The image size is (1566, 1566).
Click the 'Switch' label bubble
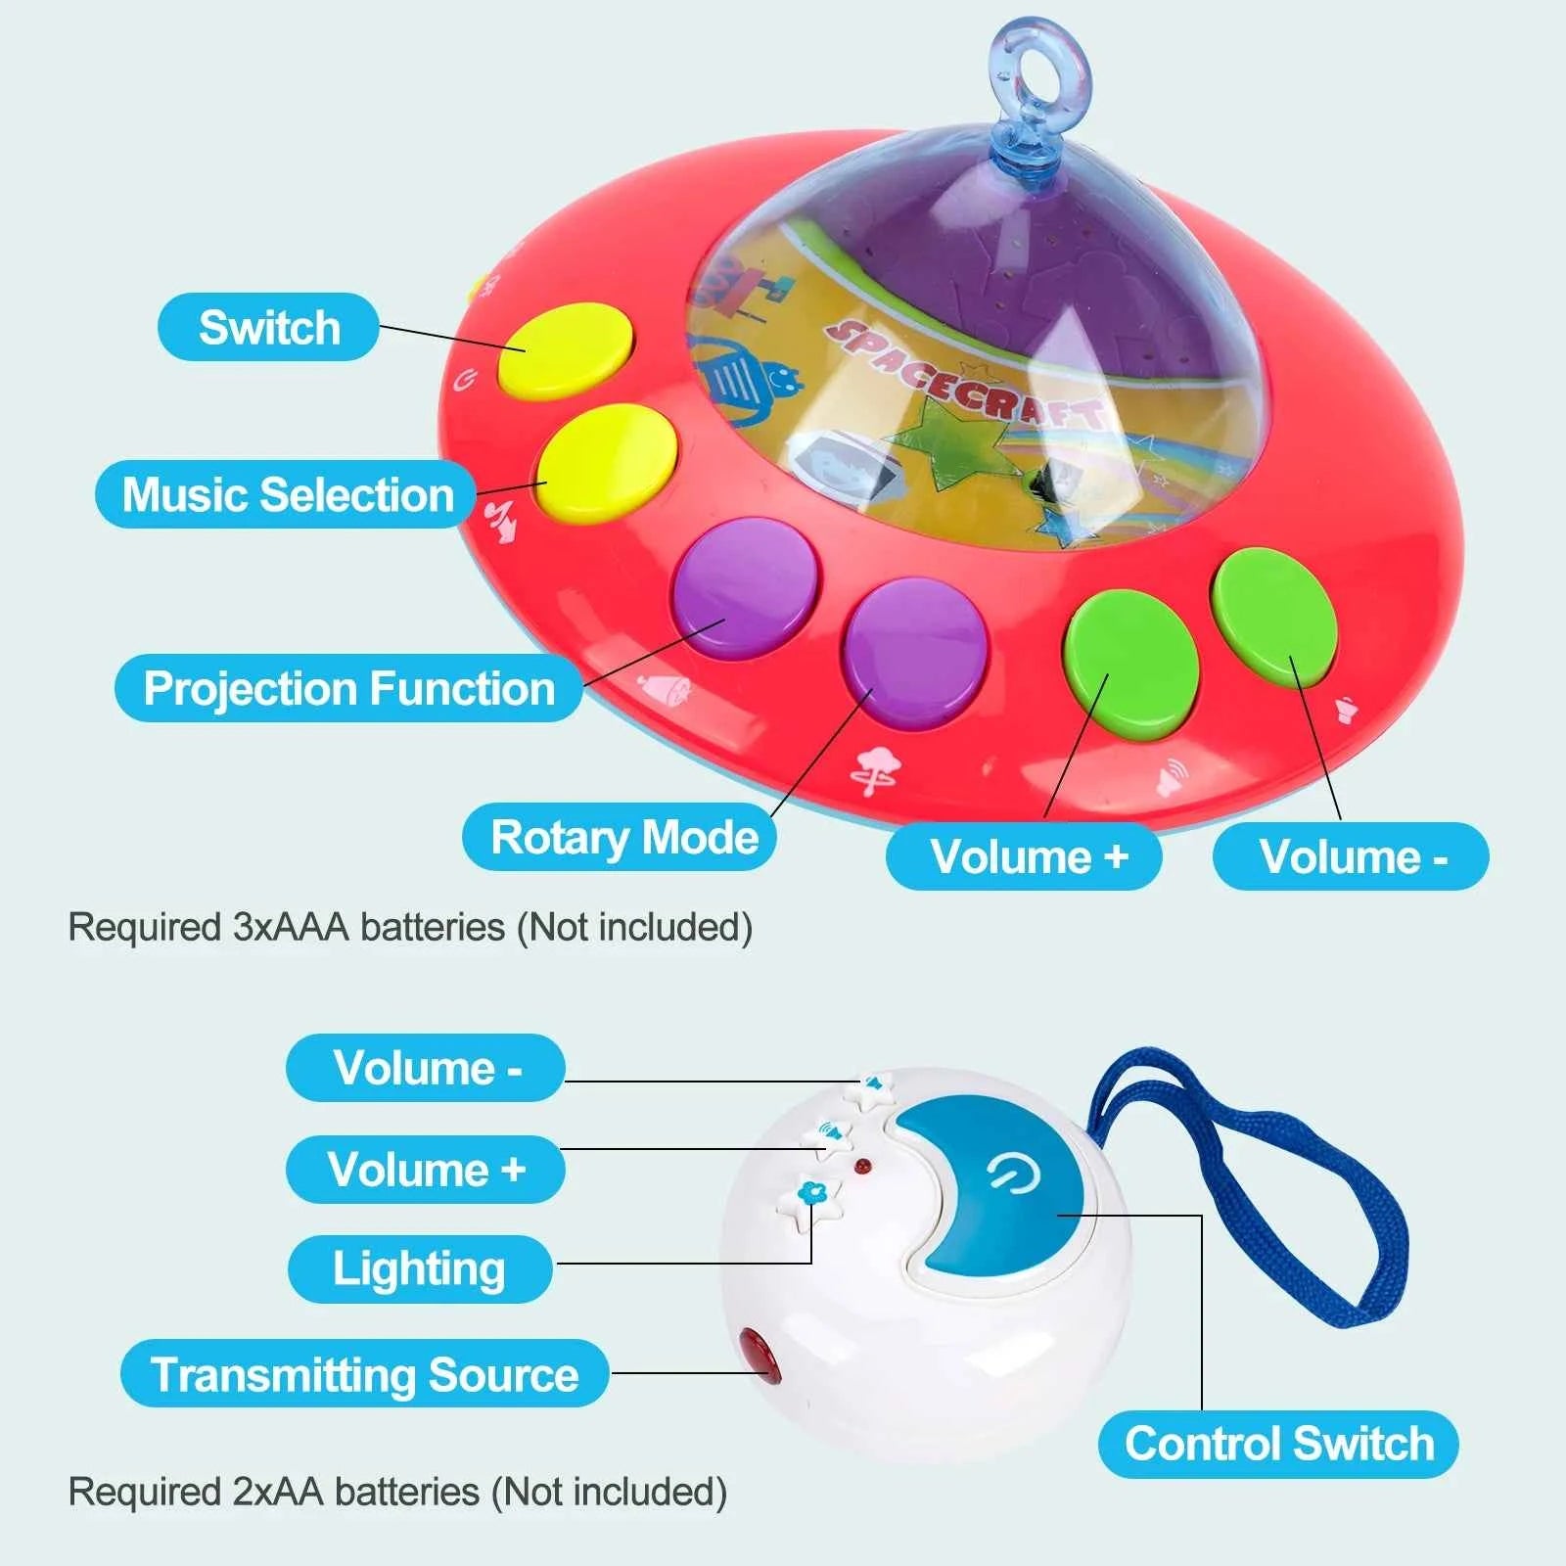click(x=267, y=327)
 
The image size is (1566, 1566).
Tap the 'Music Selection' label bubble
click(x=286, y=494)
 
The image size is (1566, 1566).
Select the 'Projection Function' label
click(x=348, y=688)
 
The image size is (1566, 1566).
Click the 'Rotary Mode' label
click(x=622, y=838)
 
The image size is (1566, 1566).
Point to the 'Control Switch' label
click(x=1278, y=1444)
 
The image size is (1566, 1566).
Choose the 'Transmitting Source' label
click(x=364, y=1374)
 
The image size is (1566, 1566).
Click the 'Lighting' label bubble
click(x=419, y=1268)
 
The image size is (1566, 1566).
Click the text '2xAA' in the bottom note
click(x=277, y=1492)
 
